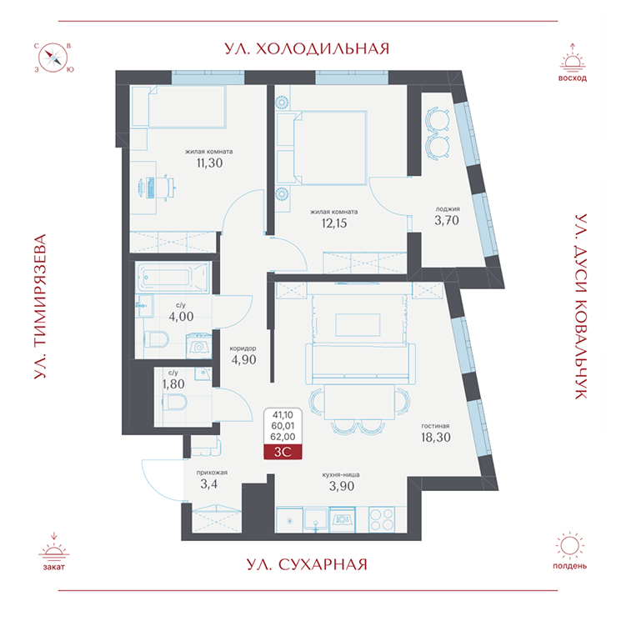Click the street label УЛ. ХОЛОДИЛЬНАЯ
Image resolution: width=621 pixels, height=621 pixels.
307,48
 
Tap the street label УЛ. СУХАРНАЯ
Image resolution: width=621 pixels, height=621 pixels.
307,564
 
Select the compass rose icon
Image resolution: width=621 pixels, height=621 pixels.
53,58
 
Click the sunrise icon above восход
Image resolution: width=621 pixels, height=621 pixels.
573,58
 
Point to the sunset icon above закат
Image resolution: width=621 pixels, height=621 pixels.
54,548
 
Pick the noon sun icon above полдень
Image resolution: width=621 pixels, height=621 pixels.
569,547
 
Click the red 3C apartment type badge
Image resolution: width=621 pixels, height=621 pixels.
283,452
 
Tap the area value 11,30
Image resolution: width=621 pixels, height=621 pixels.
209,163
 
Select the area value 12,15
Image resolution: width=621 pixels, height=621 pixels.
334,223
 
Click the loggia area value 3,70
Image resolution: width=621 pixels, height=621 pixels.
447,220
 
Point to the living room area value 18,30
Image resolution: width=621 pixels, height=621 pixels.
436,438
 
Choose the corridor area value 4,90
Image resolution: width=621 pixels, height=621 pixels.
243,359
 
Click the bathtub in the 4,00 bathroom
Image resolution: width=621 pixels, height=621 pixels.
173,277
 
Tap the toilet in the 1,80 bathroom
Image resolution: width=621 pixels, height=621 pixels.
175,403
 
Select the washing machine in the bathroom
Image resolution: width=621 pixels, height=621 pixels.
199,347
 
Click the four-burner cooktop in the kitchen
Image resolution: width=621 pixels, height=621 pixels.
382,519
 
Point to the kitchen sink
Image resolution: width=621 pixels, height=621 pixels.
316,519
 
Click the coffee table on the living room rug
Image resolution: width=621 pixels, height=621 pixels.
358,325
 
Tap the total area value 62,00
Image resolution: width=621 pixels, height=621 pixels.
283,437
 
